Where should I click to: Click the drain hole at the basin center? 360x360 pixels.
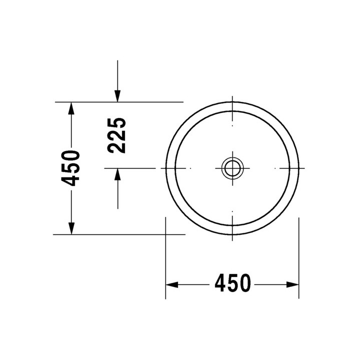point(232,167)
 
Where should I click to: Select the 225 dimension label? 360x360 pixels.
point(116,135)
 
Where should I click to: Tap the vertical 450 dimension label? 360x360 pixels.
point(72,167)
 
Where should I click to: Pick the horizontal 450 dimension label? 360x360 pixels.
point(232,284)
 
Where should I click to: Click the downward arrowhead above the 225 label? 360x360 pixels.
point(117,95)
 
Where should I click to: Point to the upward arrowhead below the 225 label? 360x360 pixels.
point(117,175)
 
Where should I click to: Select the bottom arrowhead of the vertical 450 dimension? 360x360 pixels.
point(72,227)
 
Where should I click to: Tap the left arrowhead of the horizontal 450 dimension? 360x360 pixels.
point(172,284)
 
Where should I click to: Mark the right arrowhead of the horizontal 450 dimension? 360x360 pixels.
point(293,284)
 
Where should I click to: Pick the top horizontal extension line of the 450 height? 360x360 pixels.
point(120,101)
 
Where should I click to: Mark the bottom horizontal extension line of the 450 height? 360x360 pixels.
point(120,234)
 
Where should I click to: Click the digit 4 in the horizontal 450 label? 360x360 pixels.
point(221,284)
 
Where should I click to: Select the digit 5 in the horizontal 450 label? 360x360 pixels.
point(232,284)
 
